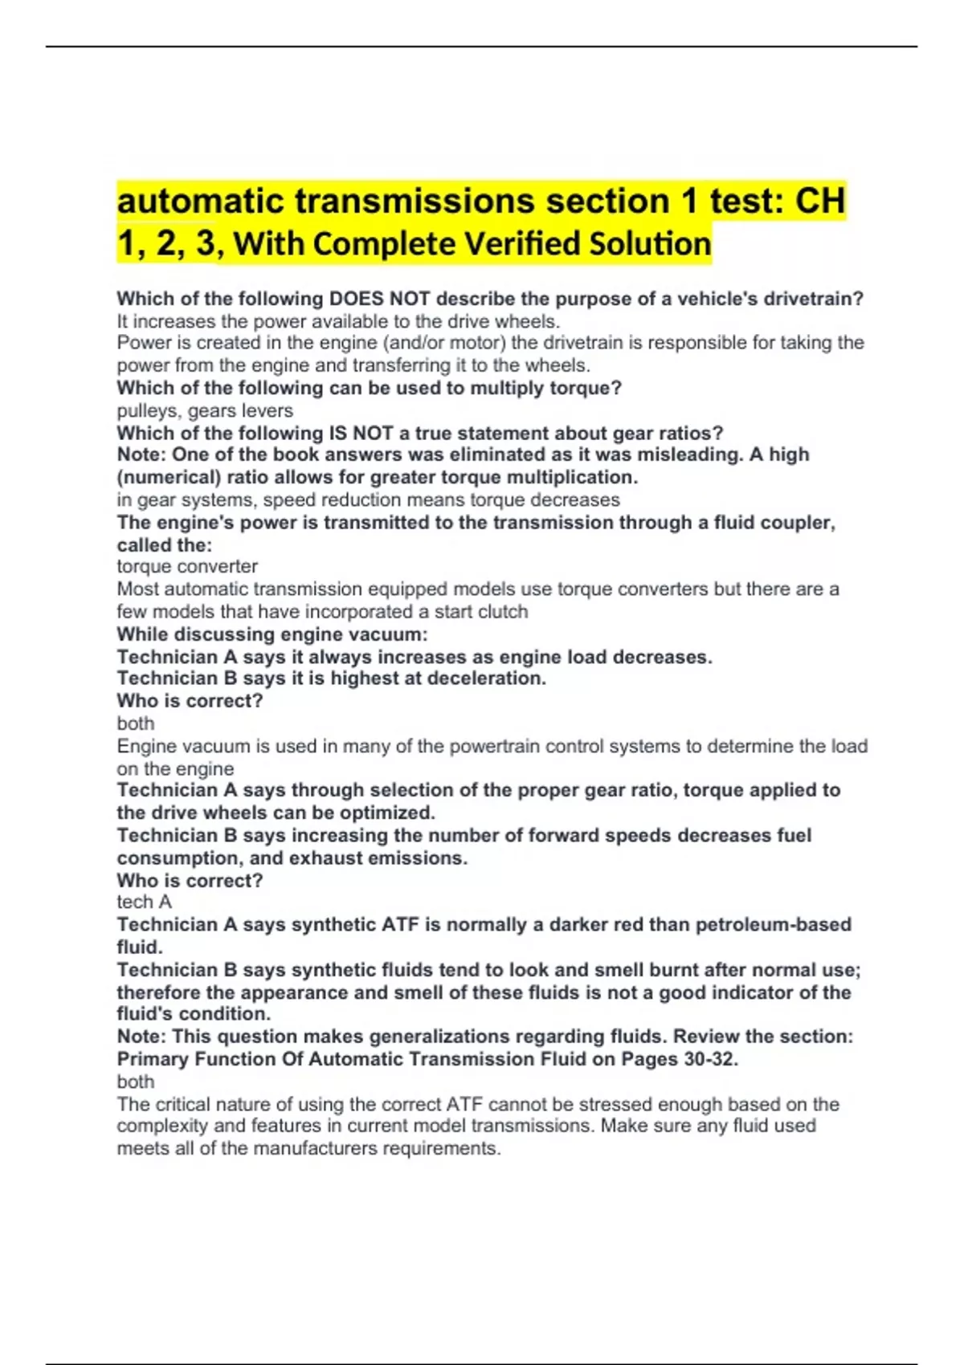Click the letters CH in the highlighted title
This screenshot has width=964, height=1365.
coord(819,201)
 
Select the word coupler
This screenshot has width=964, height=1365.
coord(800,523)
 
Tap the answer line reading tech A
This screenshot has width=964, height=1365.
coord(145,903)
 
